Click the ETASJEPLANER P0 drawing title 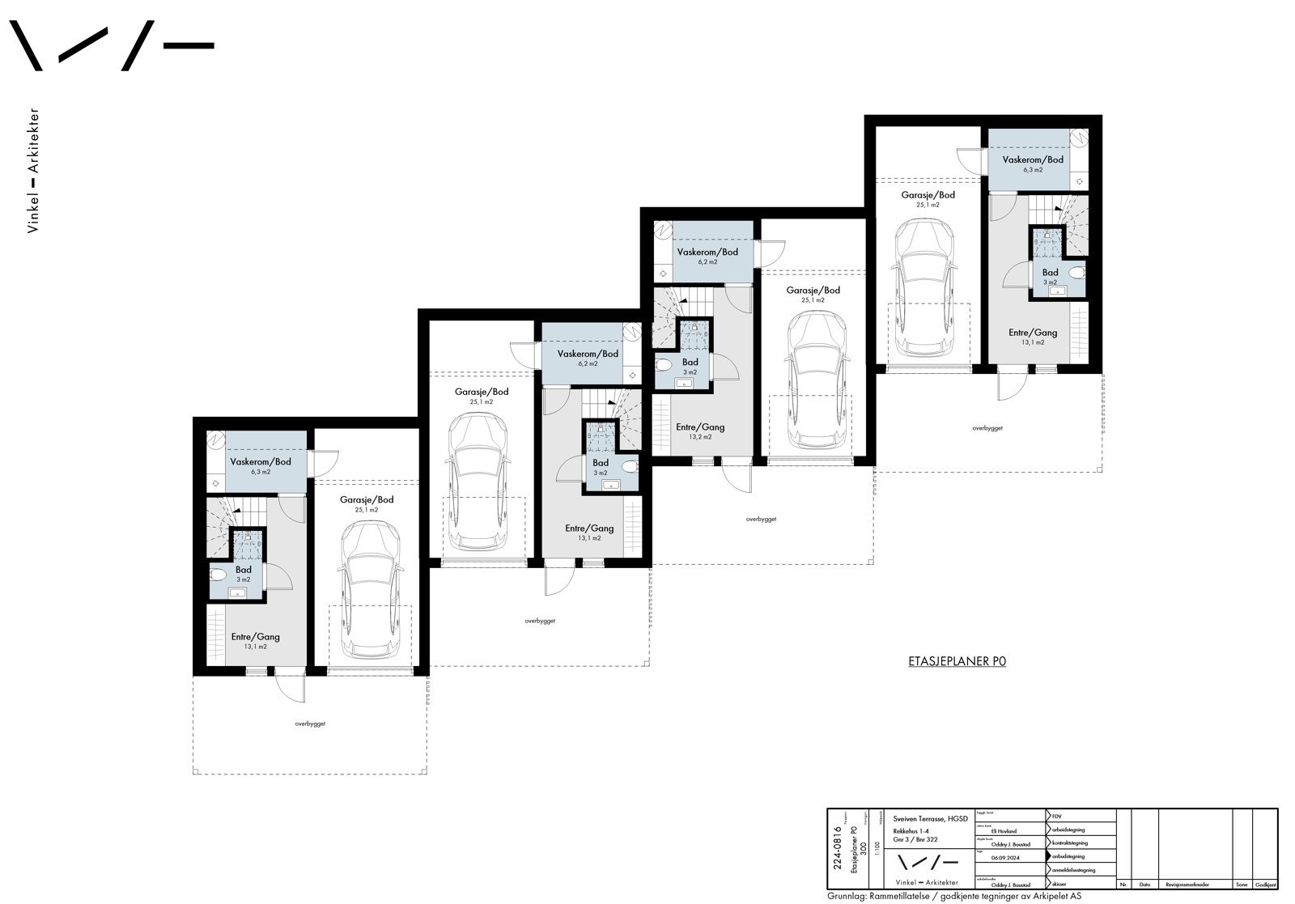click(x=957, y=661)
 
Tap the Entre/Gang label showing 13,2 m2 click(x=700, y=427)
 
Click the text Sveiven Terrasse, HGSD click(x=930, y=819)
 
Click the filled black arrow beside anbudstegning click(x=1049, y=856)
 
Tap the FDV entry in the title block click(x=1057, y=816)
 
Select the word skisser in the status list click(x=1061, y=884)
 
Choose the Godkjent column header click(x=1265, y=885)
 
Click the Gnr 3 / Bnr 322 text click(x=915, y=840)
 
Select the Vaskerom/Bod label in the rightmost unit click(x=1033, y=159)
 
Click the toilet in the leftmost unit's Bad click(x=219, y=575)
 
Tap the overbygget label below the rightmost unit click(x=987, y=428)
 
